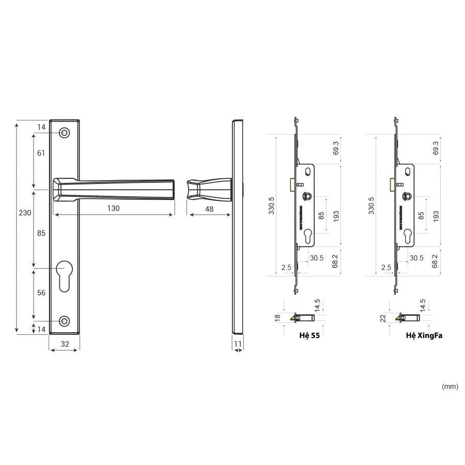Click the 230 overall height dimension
[x=25, y=213]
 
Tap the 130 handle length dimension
[x=113, y=208]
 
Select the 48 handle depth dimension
[x=209, y=209]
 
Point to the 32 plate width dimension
[x=65, y=344]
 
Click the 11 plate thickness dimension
[x=238, y=344]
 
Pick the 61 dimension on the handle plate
[x=41, y=153]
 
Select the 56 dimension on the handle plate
[x=41, y=293]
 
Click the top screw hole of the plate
[x=65, y=133]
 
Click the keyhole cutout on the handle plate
[x=65, y=276]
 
